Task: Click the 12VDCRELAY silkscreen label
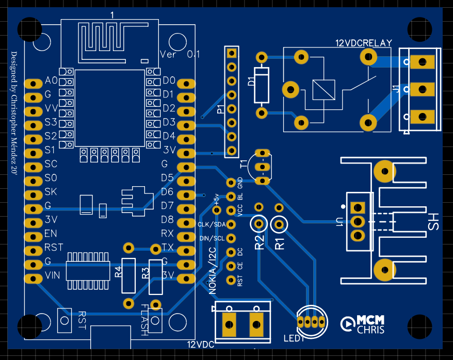[x=364, y=43]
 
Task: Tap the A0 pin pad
[x=33, y=83]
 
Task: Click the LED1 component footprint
[x=312, y=322]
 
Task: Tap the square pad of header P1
[x=232, y=53]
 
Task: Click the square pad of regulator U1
[x=357, y=207]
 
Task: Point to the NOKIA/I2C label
[x=212, y=270]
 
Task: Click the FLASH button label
[x=144, y=319]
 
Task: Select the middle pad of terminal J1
[x=421, y=90]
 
